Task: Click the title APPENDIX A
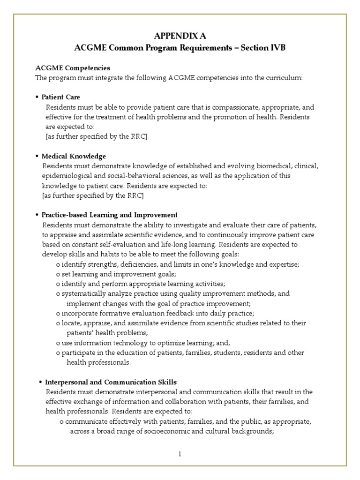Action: pyautogui.click(x=180, y=36)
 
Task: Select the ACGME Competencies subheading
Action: pyautogui.click(x=73, y=68)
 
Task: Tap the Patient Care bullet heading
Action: pyautogui.click(x=61, y=97)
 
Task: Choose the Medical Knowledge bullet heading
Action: pyautogui.click(x=74, y=156)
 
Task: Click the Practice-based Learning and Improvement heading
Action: pyautogui.click(x=110, y=215)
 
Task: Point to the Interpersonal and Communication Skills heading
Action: pyautogui.click(x=111, y=382)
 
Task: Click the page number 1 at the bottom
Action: pyautogui.click(x=180, y=454)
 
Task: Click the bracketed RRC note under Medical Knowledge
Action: pyautogui.click(x=93, y=195)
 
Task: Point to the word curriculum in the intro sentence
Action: pyautogui.click(x=285, y=78)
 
